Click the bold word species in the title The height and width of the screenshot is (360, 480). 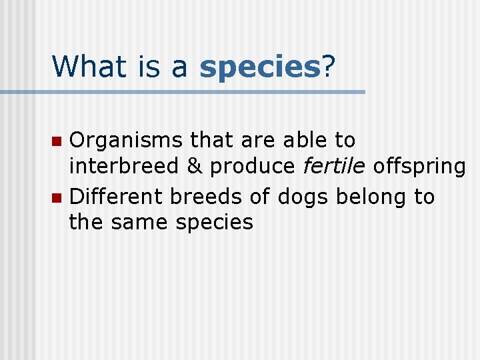click(260, 67)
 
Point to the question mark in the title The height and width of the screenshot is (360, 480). click(328, 65)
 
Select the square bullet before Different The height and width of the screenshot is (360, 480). click(58, 198)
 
